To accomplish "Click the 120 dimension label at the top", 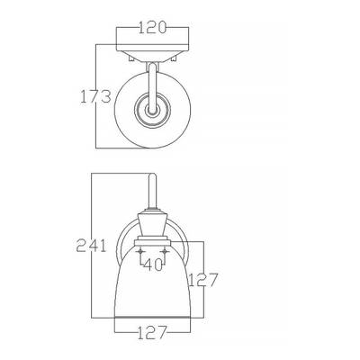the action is tap(152, 28).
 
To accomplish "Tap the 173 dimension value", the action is tap(95, 96).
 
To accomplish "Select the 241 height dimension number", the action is tap(91, 245).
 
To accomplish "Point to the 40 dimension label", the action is tap(153, 265).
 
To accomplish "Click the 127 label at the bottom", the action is tap(152, 332).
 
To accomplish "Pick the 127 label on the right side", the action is tap(202, 280).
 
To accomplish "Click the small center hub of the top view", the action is tap(152, 110).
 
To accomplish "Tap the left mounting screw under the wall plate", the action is tap(131, 58).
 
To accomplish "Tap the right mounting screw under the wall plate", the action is tap(174, 58).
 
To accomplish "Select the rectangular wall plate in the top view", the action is tap(152, 48).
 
